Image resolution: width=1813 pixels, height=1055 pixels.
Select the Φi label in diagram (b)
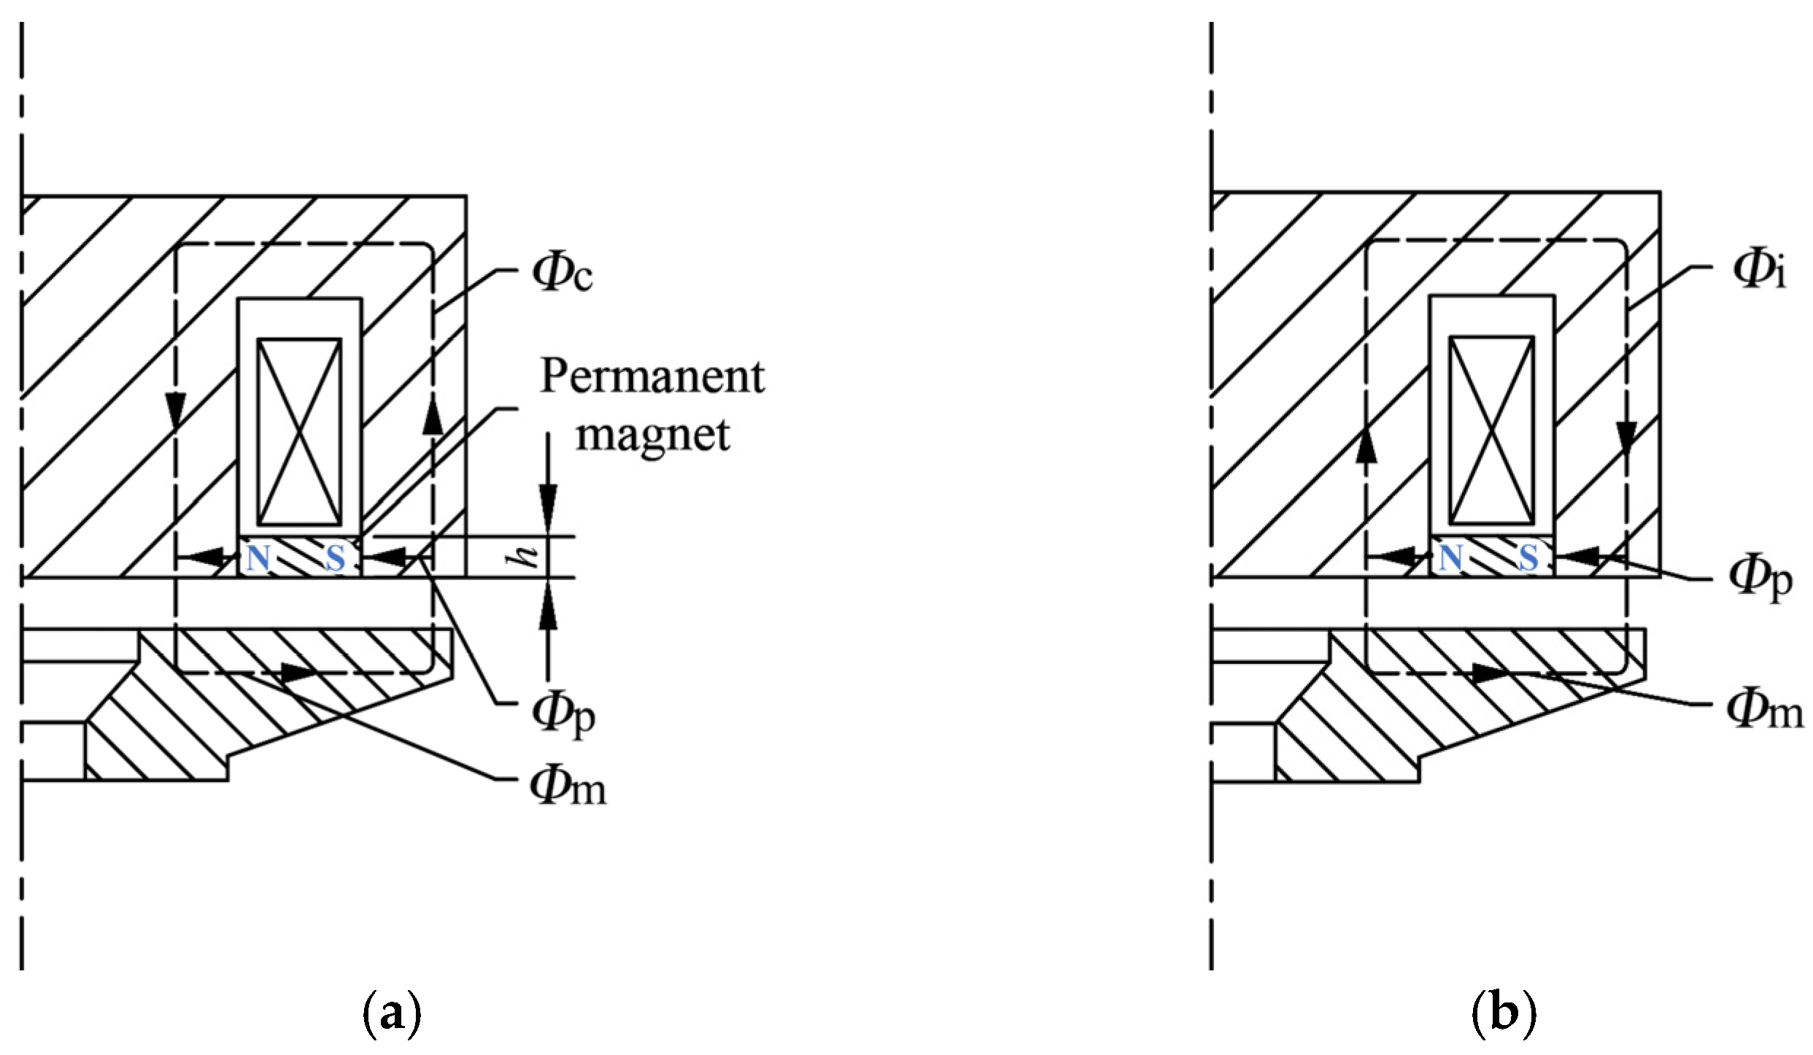pos(1758,270)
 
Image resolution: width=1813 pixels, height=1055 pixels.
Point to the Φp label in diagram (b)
pos(1760,582)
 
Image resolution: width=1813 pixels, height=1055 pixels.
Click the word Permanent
pos(652,377)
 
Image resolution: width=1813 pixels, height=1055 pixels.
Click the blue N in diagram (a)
pos(258,559)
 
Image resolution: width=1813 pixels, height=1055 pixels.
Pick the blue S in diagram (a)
pos(335,559)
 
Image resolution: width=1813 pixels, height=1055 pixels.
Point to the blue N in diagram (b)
pos(1450,559)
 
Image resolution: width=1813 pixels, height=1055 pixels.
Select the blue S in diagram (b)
pos(1528,559)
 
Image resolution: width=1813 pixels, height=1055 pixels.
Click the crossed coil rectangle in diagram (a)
pos(299,432)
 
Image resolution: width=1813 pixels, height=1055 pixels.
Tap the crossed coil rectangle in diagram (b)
pos(1491,430)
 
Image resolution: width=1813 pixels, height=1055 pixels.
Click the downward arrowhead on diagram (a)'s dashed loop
pos(175,412)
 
